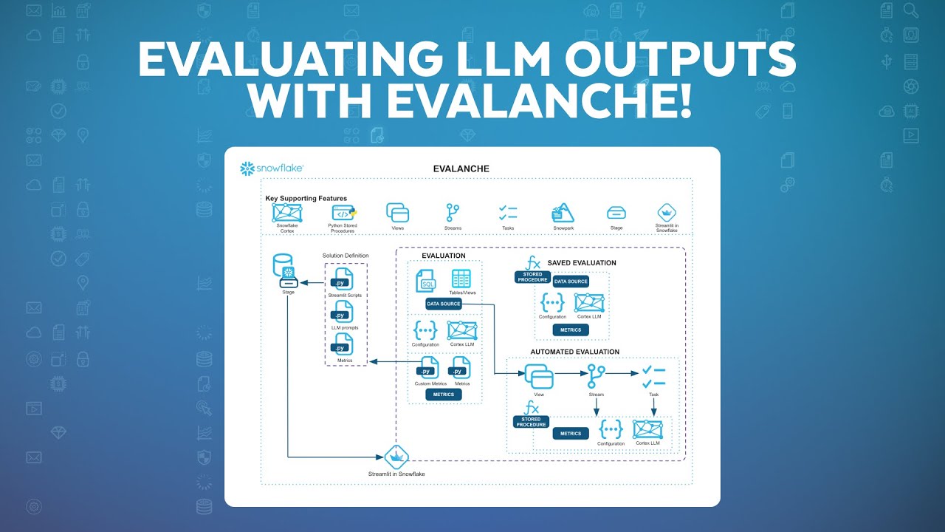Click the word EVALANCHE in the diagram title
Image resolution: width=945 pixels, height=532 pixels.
pyautogui.click(x=461, y=169)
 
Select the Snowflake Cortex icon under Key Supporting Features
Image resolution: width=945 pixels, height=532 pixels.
pyautogui.click(x=286, y=213)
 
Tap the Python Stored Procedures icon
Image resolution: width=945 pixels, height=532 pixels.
pyautogui.click(x=342, y=213)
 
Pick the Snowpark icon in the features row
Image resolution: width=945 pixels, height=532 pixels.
pyautogui.click(x=563, y=213)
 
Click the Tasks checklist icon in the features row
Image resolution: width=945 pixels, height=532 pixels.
pyautogui.click(x=508, y=213)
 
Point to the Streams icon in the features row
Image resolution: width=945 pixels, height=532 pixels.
pyautogui.click(x=453, y=213)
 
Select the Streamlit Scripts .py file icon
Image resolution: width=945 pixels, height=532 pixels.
pyautogui.click(x=342, y=279)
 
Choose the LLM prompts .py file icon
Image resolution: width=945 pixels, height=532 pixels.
pyautogui.click(x=342, y=312)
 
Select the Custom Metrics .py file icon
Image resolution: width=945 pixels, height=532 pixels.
pyautogui.click(x=427, y=368)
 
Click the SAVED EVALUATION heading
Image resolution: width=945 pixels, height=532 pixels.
pyautogui.click(x=581, y=263)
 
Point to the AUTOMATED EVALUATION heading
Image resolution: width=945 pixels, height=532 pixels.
pyautogui.click(x=574, y=352)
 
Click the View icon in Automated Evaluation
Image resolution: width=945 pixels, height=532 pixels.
pyautogui.click(x=539, y=376)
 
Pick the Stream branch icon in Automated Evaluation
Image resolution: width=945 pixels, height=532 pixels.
pyautogui.click(x=596, y=376)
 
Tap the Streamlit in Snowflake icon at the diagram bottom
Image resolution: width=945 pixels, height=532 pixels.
pyautogui.click(x=396, y=456)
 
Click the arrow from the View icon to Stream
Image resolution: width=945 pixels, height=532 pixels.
pyautogui.click(x=568, y=374)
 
